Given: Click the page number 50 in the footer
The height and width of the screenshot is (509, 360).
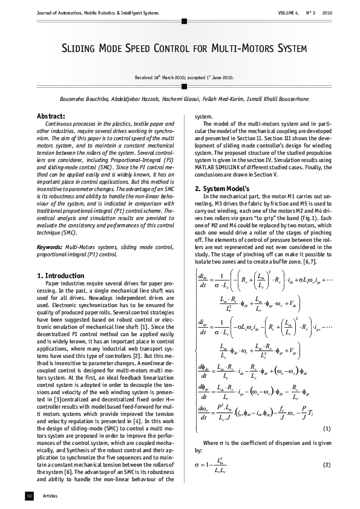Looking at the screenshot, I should [x=29, y=496].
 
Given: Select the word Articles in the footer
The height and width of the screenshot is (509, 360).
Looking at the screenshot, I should [x=50, y=496].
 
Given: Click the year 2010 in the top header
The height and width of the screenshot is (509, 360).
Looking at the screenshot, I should [x=327, y=12].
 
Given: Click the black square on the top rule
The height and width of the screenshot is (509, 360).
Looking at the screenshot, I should [x=180, y=21].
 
